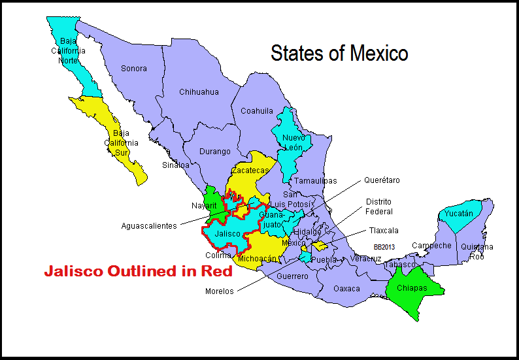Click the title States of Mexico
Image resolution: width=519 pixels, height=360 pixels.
pos(339,54)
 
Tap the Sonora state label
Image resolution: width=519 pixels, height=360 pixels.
pos(134,69)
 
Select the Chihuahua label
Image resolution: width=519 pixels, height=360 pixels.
pos(199,92)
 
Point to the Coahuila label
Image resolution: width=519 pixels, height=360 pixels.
pos(257,111)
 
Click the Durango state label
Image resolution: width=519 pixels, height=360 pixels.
pos(214,152)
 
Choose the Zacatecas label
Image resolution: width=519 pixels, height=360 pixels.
pos(251,171)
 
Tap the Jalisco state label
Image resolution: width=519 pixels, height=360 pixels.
pos(227,233)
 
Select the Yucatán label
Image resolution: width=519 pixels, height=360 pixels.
pos(458,214)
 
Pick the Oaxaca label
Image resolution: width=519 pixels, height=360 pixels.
pos(346,288)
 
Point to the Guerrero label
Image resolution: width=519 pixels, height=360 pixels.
pos(292,276)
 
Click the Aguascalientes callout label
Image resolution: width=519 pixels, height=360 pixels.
pos(149,226)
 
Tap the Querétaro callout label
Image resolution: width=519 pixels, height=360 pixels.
pos(382,180)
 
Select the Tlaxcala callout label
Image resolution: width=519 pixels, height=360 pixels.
pos(382,231)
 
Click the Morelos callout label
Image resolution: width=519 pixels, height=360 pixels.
pos(219,291)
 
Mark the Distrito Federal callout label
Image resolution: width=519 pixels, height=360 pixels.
pos(379,206)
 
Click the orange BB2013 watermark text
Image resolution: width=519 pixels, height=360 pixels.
pos(384,247)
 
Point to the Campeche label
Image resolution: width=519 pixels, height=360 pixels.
pos(431,246)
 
